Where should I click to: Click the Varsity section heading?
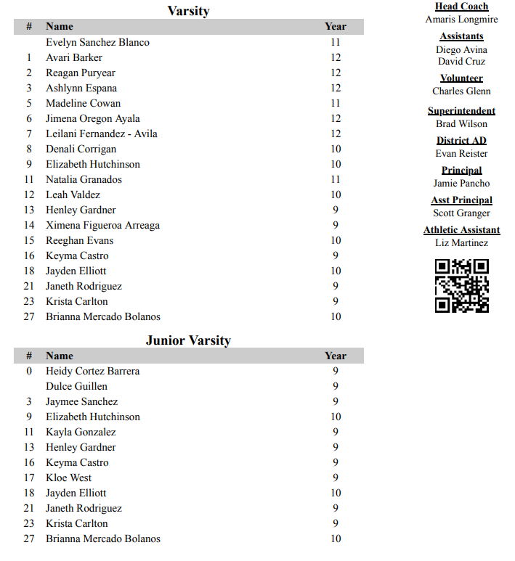point(188,11)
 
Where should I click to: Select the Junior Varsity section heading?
point(188,340)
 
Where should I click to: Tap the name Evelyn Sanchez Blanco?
point(97,42)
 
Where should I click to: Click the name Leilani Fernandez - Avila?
point(101,134)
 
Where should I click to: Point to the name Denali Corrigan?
point(81,149)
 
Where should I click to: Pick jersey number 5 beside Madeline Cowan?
point(29,103)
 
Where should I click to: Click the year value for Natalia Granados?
point(335,179)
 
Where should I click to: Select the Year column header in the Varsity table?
point(335,26)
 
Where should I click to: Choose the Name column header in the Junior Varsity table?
point(60,356)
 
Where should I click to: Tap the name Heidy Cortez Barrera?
point(92,371)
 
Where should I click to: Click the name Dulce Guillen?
point(76,386)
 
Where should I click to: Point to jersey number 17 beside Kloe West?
point(29,478)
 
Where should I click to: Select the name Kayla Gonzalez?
point(81,432)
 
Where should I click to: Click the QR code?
point(461,286)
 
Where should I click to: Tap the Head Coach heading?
point(461,7)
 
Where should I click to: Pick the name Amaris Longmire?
point(461,20)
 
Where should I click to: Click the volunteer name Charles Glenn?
point(461,91)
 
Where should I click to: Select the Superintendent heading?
point(461,111)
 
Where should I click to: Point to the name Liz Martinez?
point(461,243)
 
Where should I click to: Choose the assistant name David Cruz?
point(461,62)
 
